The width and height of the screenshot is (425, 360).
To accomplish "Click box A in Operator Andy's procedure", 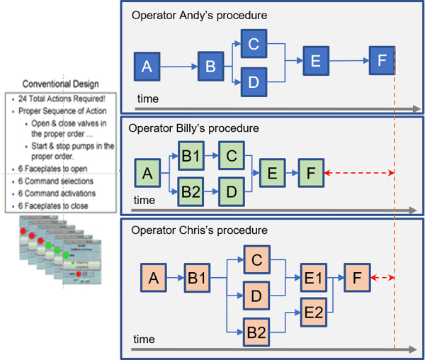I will (147, 67).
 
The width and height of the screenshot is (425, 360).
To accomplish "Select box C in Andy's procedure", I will (254, 44).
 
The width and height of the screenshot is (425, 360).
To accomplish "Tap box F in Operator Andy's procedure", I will (382, 61).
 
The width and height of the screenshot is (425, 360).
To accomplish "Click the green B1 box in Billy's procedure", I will (190, 154).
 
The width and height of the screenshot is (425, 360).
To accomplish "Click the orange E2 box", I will (313, 311).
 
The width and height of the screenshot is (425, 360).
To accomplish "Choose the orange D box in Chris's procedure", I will (256, 294).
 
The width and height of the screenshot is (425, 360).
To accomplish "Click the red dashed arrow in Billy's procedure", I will (359, 172).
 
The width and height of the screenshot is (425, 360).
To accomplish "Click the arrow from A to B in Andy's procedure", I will (178, 67).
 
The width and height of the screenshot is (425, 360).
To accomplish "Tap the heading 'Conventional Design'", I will (60, 83).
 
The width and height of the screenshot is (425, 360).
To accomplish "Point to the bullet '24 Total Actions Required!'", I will (62, 99).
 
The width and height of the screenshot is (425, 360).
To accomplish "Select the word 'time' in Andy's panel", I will (147, 99).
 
